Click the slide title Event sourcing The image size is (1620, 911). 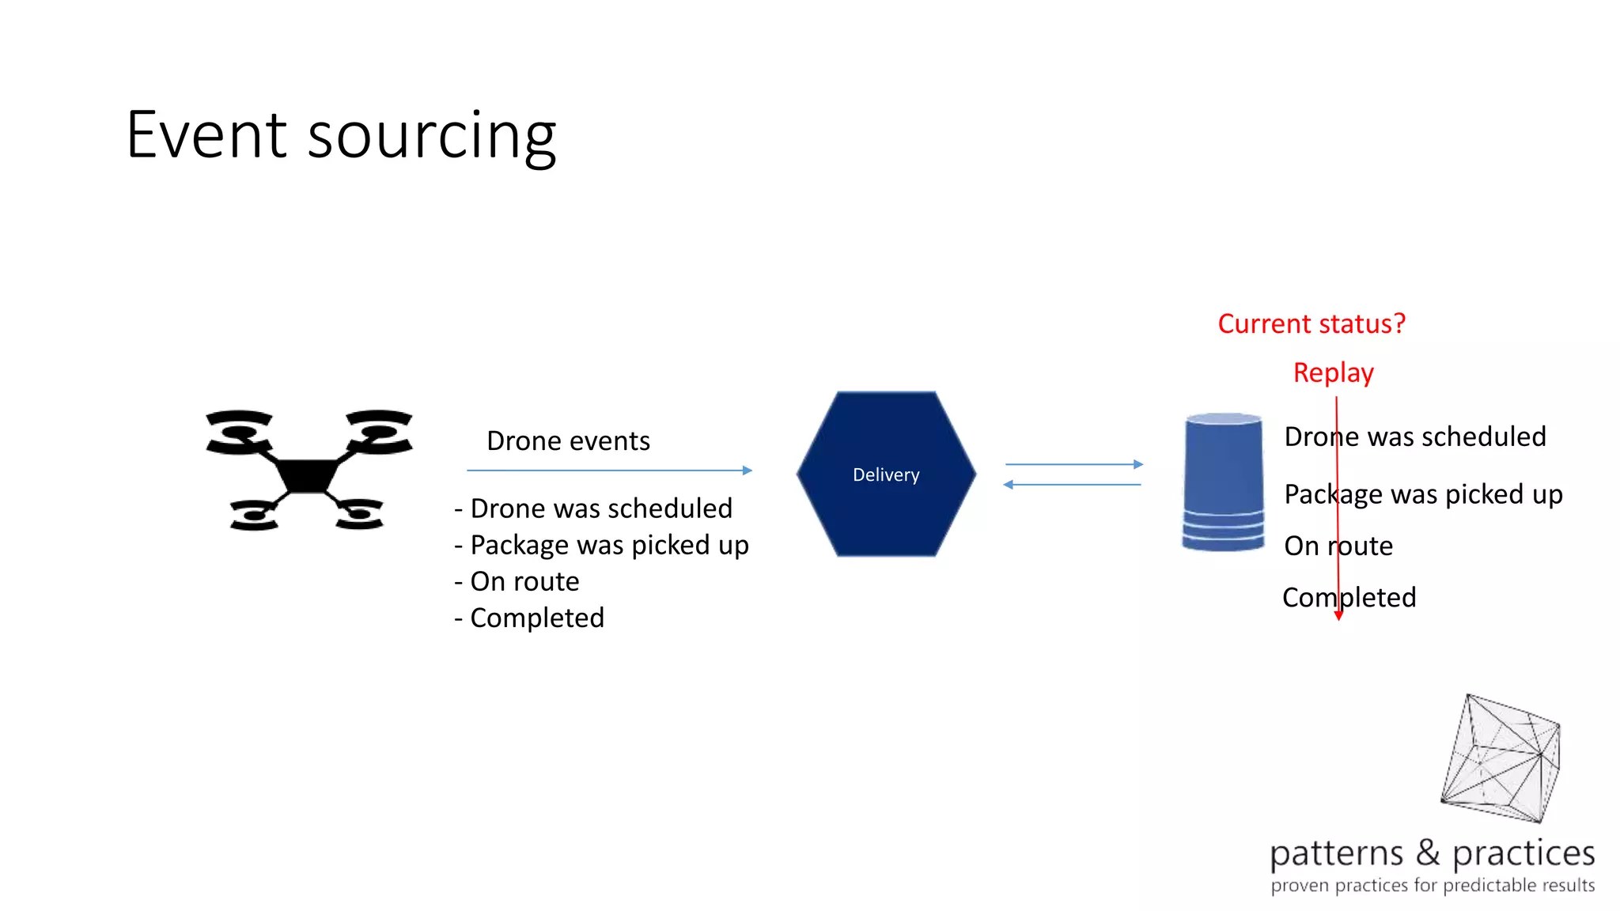coord(341,135)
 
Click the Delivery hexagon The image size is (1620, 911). coord(886,474)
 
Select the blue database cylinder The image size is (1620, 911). coord(1223,482)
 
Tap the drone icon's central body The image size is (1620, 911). coord(308,474)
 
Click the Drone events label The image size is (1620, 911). coord(568,440)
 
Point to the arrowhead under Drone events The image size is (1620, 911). coord(747,471)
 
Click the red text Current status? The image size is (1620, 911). coord(1312,323)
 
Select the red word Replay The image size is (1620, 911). coord(1333,372)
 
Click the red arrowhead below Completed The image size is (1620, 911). coord(1338,615)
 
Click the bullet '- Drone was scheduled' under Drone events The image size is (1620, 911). coord(593,508)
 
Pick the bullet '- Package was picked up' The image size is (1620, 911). coord(601,545)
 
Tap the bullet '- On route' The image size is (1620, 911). coord(517,581)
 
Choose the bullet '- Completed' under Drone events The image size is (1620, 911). coord(529,618)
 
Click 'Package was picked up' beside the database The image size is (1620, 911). coord(1423,494)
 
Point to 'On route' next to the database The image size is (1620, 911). coord(1338,546)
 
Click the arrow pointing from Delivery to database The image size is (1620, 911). coord(1073,464)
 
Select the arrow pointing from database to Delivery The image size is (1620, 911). coord(1072,485)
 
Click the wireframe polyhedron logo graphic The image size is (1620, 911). coord(1501,758)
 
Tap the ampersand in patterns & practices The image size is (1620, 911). coord(1428,852)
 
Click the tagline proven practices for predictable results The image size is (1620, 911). coord(1433,886)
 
